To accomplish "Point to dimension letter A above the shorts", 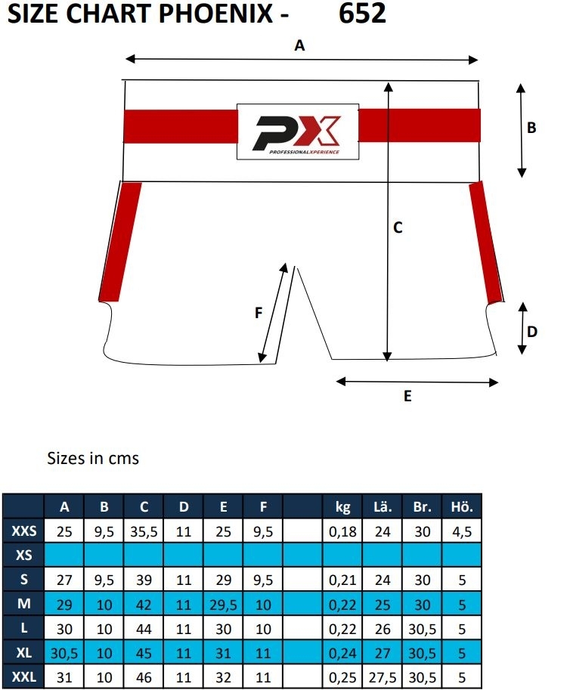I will (299, 46).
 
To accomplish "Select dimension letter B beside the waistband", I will (531, 128).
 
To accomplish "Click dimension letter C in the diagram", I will (398, 227).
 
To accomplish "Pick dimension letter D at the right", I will (531, 331).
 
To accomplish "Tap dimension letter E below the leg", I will (407, 397).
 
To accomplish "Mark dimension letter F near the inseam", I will (259, 313).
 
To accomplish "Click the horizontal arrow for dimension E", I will (417, 381).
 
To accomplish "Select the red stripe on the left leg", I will (120, 241).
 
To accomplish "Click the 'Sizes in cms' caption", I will (93, 458).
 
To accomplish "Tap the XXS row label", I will (24, 531).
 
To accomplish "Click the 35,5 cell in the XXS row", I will (144, 531).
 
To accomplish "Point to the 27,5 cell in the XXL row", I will (383, 676).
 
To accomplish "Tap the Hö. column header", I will (462, 507).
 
